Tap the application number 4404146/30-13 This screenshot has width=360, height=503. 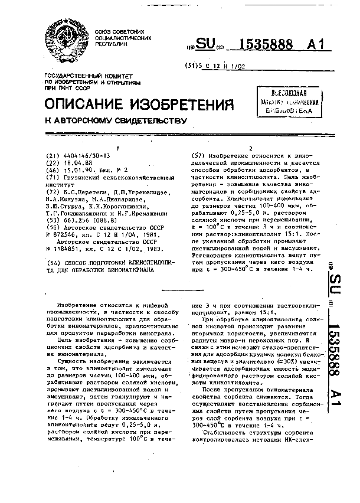82,156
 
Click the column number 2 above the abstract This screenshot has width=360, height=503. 251,148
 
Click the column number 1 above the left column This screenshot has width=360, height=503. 119,148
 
